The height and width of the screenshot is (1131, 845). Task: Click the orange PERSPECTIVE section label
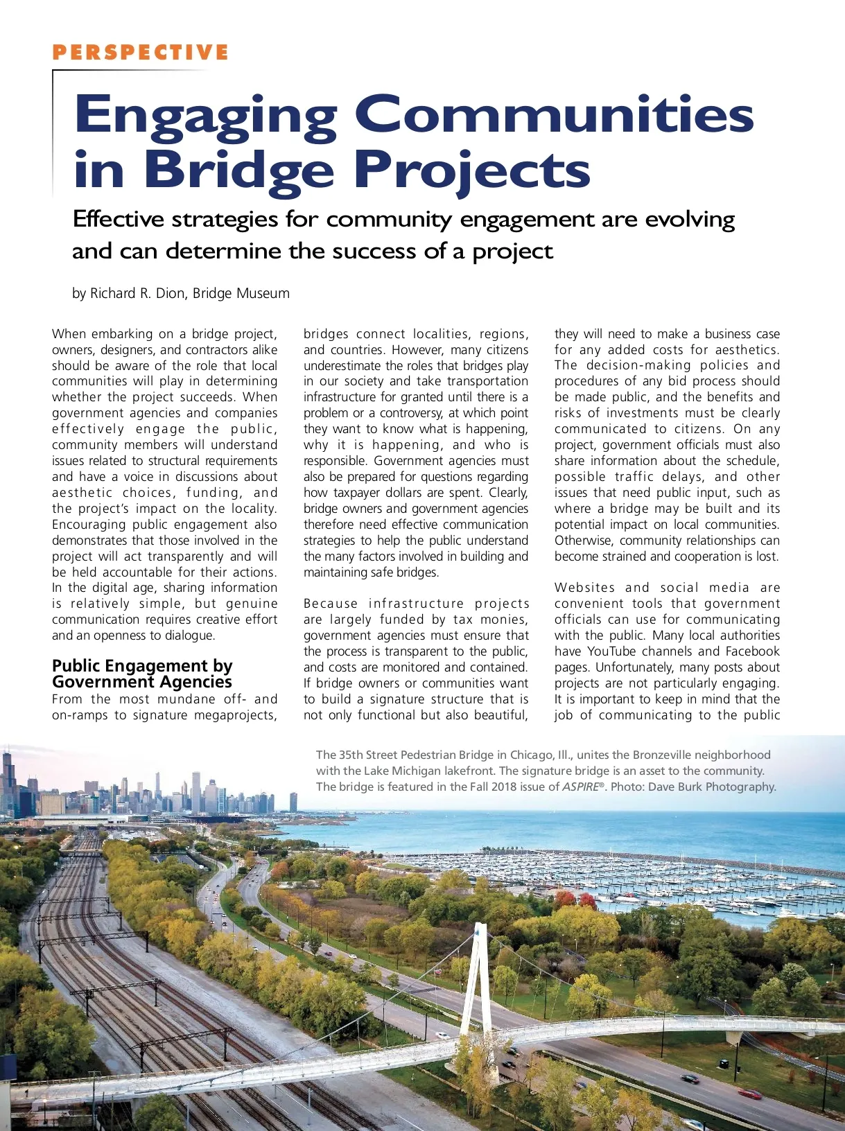(140, 53)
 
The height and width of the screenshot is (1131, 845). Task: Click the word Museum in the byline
(263, 293)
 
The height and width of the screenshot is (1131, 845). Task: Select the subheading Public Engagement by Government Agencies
(142, 674)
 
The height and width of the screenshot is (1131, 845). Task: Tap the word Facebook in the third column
(752, 651)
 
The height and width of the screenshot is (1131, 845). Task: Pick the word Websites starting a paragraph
(584, 588)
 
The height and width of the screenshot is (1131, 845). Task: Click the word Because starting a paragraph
(331, 604)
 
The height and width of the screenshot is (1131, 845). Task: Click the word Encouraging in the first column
(89, 525)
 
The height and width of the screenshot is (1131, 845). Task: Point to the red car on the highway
(749, 1094)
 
